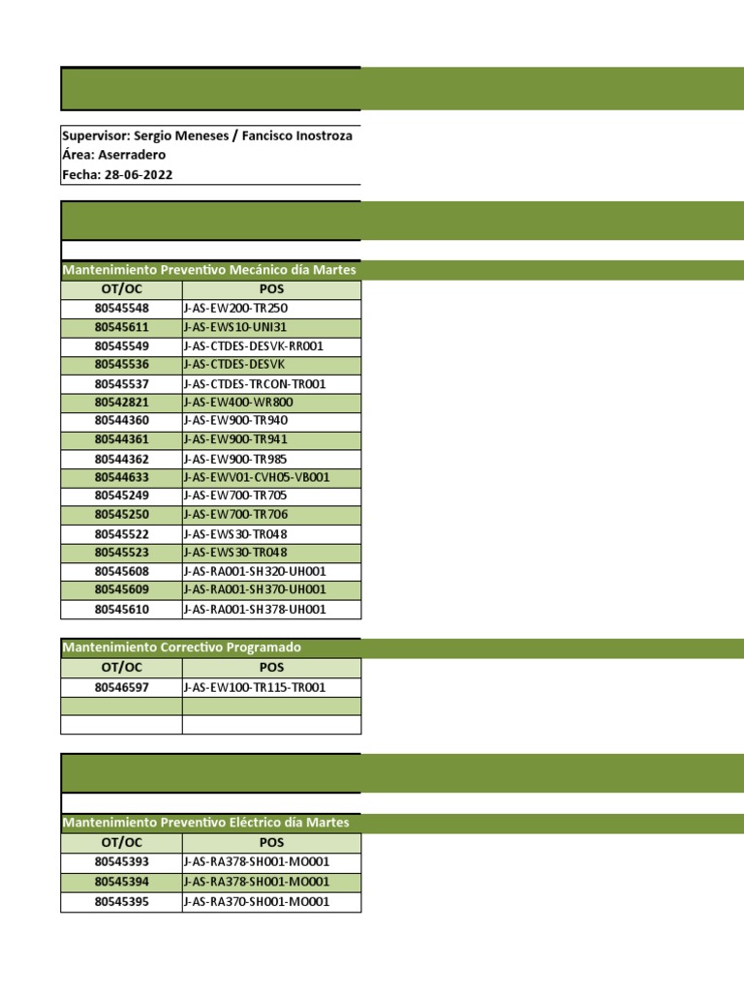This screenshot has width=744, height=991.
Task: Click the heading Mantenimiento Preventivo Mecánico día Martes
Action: [x=208, y=270]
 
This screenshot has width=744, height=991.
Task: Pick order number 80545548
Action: [x=121, y=308]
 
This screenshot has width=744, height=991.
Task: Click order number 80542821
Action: [x=121, y=402]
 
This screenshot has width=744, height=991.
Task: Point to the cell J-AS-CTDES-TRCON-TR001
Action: [x=255, y=383]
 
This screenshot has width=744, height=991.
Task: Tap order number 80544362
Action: [x=121, y=459]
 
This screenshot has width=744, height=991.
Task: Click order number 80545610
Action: [x=121, y=610]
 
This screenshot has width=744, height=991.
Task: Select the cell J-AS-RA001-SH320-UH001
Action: [x=255, y=572]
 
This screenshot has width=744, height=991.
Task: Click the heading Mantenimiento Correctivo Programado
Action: [x=181, y=647]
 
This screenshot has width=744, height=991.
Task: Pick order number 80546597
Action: [x=121, y=687]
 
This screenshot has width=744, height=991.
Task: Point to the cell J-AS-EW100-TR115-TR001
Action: [x=255, y=687]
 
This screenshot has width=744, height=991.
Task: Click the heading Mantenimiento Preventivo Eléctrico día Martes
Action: [x=205, y=823]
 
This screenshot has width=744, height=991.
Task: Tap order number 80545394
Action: [x=121, y=882]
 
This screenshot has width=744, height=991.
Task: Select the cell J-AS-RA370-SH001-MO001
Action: [x=257, y=902]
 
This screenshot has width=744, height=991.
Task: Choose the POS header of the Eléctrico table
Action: [x=271, y=843]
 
